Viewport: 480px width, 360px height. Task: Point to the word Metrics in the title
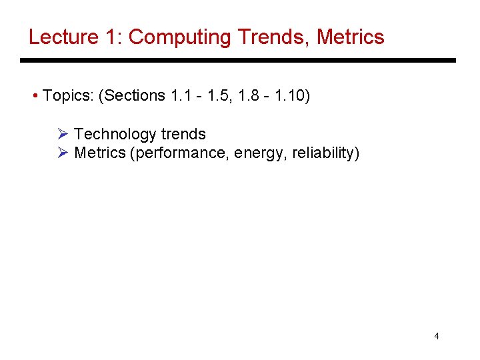coord(351,37)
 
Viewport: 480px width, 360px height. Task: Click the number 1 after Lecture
coord(113,37)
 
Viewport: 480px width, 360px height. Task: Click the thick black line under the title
coord(237,61)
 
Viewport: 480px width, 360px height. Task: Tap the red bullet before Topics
coord(35,96)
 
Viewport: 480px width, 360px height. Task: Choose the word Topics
coord(67,96)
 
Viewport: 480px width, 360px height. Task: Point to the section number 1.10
coord(289,96)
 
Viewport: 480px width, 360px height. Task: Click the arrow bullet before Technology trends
coord(63,134)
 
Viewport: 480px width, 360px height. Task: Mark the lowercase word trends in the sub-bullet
coord(183,134)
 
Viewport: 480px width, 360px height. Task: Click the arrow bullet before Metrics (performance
coord(63,153)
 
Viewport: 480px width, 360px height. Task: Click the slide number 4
coord(437,336)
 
